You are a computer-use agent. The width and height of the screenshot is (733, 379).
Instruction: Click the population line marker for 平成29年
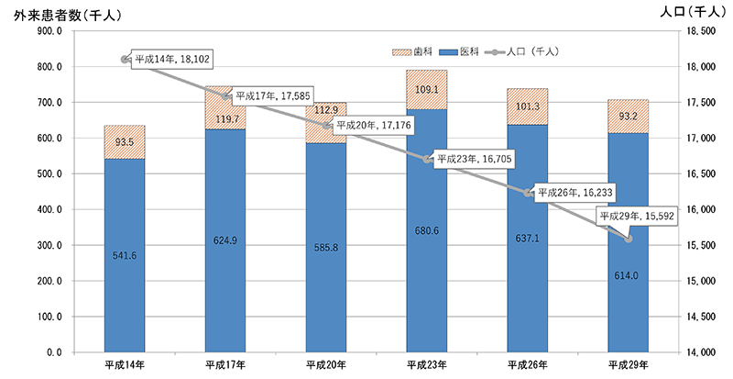(x=629, y=239)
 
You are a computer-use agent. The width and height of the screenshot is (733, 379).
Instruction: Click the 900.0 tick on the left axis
(x=44, y=31)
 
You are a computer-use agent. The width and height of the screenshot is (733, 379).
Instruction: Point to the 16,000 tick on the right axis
(x=701, y=209)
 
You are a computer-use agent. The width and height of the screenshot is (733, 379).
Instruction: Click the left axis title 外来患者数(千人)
(x=61, y=13)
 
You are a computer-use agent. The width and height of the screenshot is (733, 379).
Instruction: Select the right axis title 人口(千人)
(x=692, y=13)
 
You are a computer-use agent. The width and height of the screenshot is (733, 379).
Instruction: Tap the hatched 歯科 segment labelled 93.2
(x=629, y=117)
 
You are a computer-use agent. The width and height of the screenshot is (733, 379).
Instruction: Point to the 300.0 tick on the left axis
(x=44, y=245)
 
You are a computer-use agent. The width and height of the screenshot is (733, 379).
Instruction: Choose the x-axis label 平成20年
(x=325, y=365)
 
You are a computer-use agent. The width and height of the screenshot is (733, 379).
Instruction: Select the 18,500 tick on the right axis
(x=701, y=31)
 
